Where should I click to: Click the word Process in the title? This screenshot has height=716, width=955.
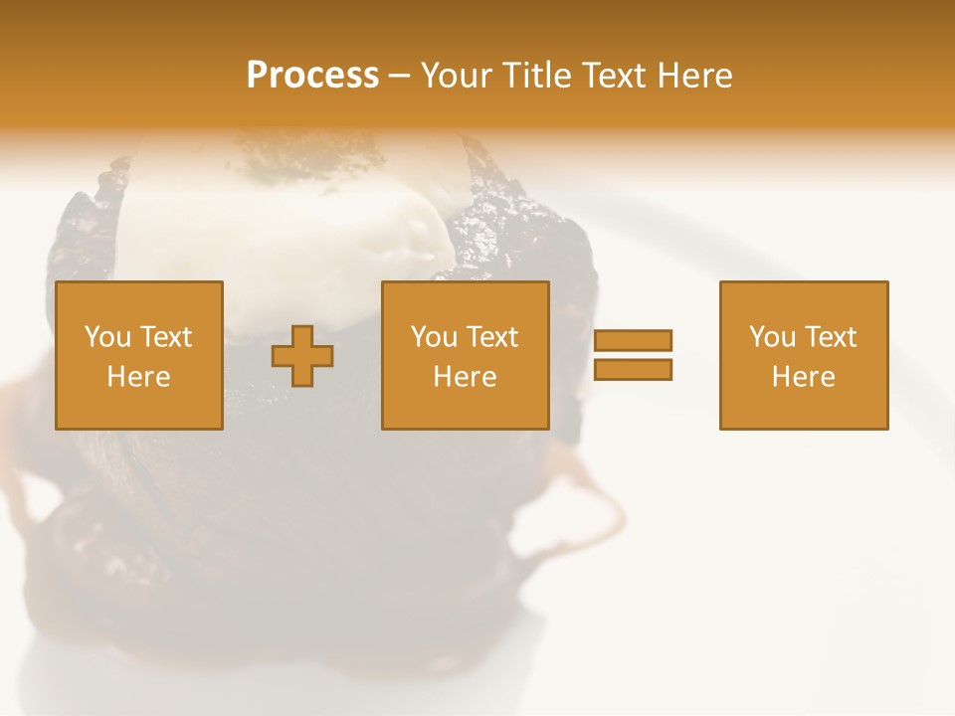(x=312, y=76)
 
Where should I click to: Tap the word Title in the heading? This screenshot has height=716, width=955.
(x=537, y=76)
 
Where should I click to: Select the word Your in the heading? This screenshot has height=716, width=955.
(x=458, y=76)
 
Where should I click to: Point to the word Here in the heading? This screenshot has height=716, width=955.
(x=693, y=76)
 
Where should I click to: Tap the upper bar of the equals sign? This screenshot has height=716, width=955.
(x=633, y=340)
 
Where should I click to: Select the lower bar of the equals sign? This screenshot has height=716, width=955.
(x=633, y=369)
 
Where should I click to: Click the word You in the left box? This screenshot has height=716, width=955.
(x=106, y=337)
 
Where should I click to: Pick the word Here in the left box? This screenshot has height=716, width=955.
(x=138, y=377)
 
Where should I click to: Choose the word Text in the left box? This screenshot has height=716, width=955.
(x=165, y=337)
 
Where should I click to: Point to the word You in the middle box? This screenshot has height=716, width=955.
(x=434, y=337)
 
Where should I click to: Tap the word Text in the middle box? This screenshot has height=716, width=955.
(x=492, y=337)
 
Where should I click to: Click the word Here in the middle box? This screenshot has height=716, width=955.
(x=465, y=377)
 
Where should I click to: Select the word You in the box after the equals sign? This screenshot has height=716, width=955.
(x=772, y=337)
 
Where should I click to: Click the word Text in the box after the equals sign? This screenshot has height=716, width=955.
(x=831, y=337)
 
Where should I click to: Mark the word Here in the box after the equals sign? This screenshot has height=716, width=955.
(x=803, y=377)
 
